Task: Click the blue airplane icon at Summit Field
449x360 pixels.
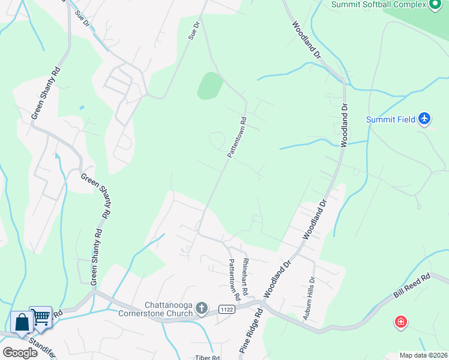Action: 424,118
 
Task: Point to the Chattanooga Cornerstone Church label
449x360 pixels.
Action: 155,308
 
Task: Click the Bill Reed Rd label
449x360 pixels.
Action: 412,287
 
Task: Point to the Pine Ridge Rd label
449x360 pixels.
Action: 252,331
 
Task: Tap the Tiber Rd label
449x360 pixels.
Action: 208,357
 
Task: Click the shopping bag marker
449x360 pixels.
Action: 22,323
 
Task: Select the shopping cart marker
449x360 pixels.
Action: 41,316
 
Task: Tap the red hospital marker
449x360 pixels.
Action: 400,323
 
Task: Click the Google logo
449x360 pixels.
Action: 20,353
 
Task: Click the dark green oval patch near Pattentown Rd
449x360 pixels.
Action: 209,86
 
